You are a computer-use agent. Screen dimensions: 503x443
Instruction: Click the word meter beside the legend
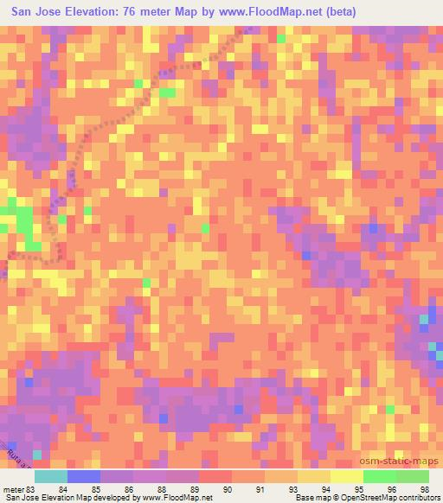[15, 488]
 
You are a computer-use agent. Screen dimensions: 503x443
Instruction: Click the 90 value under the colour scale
[228, 488]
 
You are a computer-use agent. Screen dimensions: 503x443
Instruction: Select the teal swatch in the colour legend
[50, 475]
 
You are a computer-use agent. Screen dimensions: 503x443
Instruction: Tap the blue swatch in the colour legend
[83, 475]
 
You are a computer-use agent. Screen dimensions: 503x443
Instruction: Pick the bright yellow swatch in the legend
[346, 475]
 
